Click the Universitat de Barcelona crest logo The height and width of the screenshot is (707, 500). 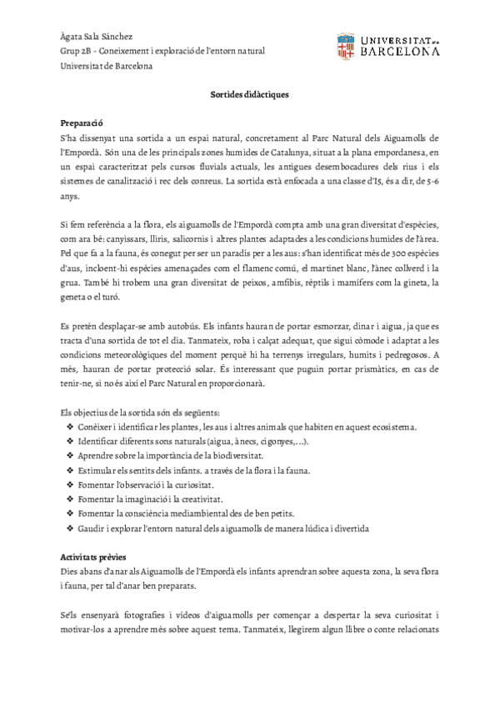[347, 47]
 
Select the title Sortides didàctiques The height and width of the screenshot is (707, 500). [249, 94]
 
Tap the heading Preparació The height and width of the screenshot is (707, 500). [87, 122]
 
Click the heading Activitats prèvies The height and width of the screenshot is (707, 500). [98, 556]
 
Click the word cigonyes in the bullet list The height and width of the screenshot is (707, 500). [278, 442]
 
